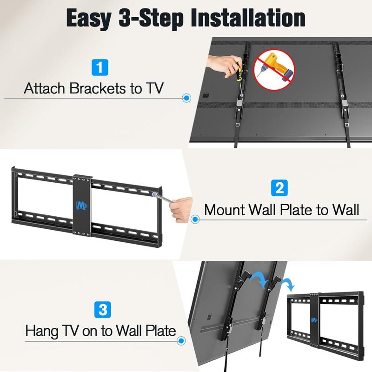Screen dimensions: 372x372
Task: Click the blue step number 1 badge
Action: point(98,67)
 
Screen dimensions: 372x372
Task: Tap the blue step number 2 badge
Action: point(278,188)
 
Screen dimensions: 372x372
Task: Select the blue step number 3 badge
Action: point(102,309)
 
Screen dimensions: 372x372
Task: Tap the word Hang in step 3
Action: point(42,331)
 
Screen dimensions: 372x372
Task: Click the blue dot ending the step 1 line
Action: point(186,99)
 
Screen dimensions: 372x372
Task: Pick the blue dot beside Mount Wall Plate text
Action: point(195,219)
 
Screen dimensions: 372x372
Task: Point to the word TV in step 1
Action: point(153,88)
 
